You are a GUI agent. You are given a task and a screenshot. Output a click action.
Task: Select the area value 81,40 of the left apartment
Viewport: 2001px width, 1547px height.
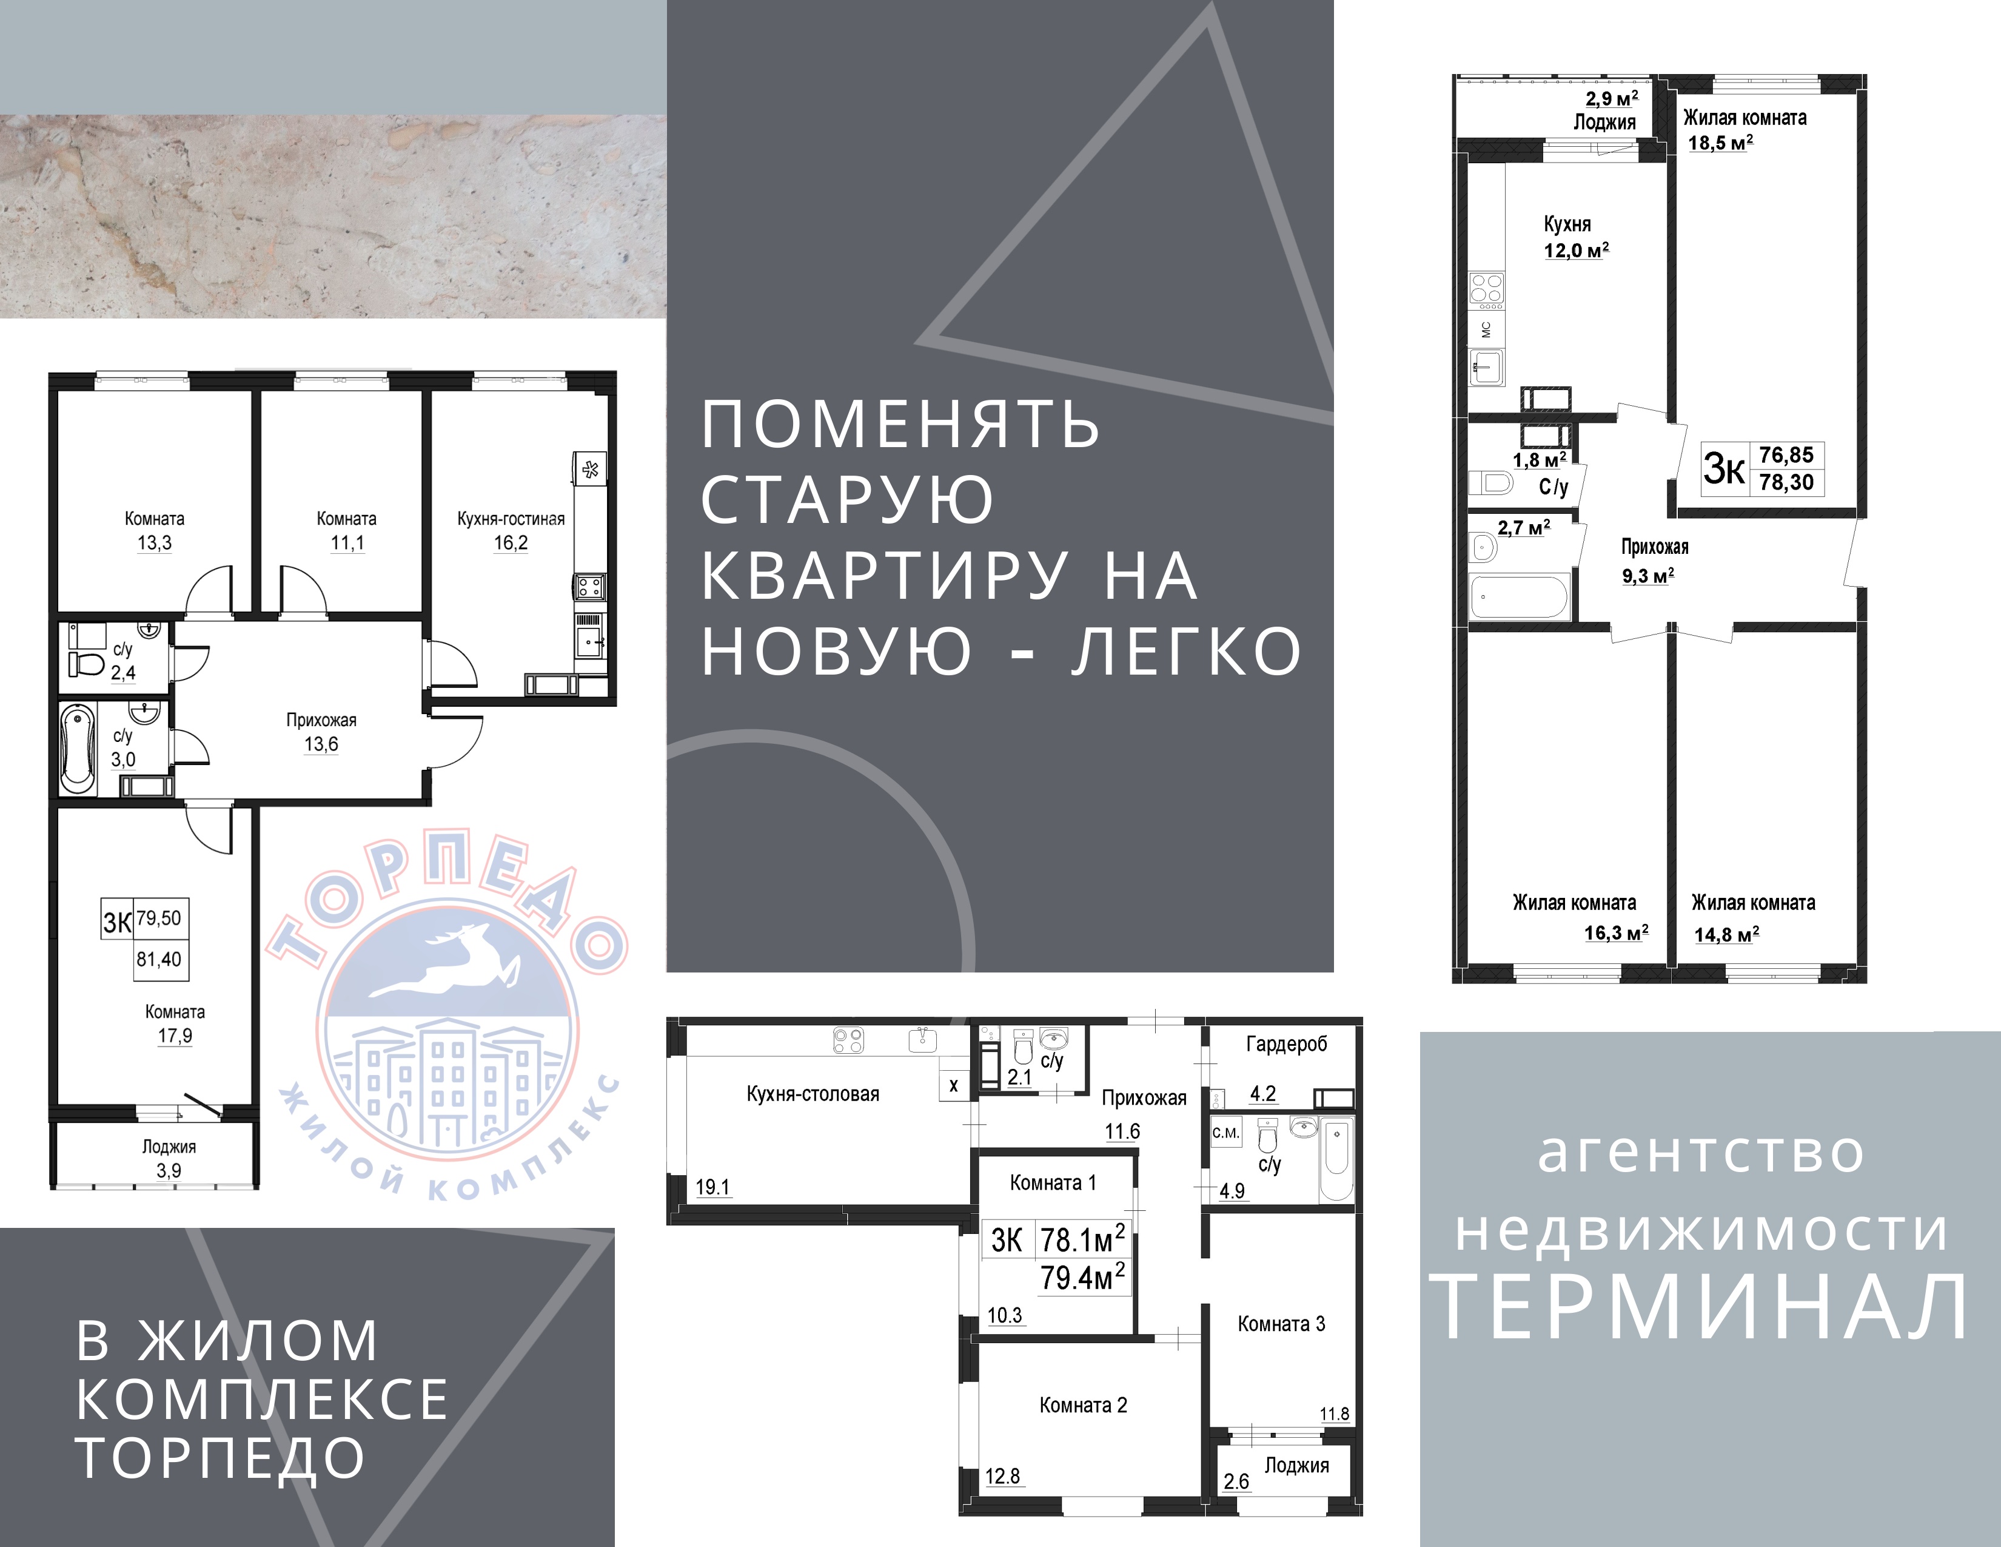tap(159, 960)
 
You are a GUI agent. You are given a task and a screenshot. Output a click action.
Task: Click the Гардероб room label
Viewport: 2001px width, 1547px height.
tap(1286, 1044)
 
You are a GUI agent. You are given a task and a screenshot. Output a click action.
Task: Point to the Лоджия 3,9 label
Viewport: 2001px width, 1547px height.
tap(169, 1158)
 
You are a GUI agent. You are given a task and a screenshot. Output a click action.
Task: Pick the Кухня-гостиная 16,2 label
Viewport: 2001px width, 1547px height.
tap(511, 531)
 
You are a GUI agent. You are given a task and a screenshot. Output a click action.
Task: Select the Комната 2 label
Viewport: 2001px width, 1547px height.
tap(1083, 1405)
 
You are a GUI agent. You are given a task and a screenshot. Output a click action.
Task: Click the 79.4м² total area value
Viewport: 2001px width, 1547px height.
tap(1082, 1276)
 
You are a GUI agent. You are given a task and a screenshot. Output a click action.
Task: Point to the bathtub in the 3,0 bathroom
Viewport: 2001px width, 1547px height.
tap(78, 749)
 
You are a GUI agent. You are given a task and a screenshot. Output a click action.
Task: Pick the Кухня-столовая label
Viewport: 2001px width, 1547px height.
tap(813, 1093)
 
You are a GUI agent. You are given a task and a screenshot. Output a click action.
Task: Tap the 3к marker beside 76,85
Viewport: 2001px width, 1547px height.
tap(1723, 469)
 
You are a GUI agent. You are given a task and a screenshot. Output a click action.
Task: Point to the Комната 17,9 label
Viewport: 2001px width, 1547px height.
tap(175, 1023)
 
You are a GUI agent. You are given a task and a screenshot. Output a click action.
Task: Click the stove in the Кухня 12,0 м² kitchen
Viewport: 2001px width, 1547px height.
tap(1486, 289)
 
